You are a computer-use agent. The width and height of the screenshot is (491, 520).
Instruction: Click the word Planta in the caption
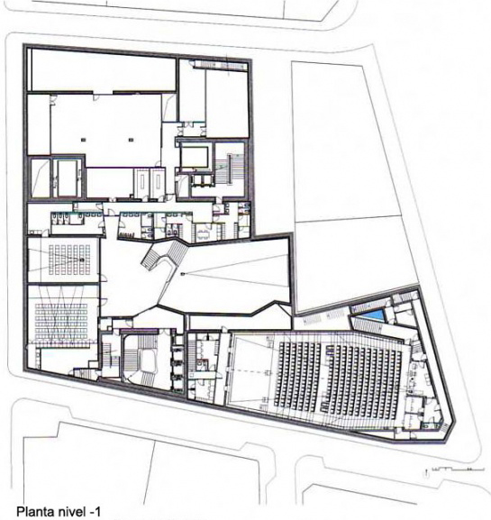34,512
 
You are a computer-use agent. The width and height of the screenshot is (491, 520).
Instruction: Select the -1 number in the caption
93,511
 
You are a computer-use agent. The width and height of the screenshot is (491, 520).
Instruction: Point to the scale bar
453,470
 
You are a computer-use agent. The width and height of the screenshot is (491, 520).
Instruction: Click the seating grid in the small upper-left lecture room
69,260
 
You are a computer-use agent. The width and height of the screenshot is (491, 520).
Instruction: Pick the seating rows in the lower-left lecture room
61,321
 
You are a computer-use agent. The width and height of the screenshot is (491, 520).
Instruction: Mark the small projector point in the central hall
182,274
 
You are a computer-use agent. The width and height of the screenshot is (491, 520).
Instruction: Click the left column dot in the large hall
83,140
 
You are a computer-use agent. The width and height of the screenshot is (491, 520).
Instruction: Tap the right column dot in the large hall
132,140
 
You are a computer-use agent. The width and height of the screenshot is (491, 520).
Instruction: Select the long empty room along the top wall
103,69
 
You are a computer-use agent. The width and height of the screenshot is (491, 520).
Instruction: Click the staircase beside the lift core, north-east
230,168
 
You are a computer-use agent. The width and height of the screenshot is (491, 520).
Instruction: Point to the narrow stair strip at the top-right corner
221,65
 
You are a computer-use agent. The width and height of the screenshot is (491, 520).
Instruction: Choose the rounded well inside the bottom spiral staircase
148,359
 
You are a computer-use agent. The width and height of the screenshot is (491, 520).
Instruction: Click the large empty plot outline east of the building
351,186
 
